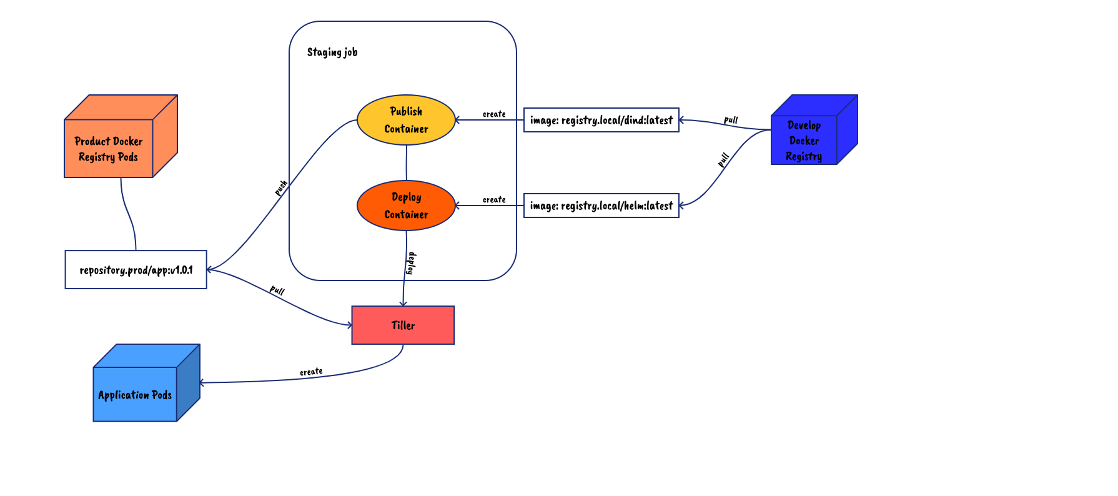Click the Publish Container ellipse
(406, 120)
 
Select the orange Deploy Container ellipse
(406, 206)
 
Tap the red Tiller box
(403, 325)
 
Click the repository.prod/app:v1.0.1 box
(136, 270)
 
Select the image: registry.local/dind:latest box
(601, 120)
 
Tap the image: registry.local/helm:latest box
(601, 206)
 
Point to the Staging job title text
(332, 52)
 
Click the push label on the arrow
(281, 187)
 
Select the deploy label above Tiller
(411, 263)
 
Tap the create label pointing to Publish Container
(494, 114)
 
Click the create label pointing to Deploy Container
(494, 199)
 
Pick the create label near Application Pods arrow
(311, 372)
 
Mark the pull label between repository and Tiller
(277, 290)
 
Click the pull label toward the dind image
(731, 119)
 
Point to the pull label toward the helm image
(723, 160)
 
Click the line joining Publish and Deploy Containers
(407, 162)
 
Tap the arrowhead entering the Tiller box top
(403, 304)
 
